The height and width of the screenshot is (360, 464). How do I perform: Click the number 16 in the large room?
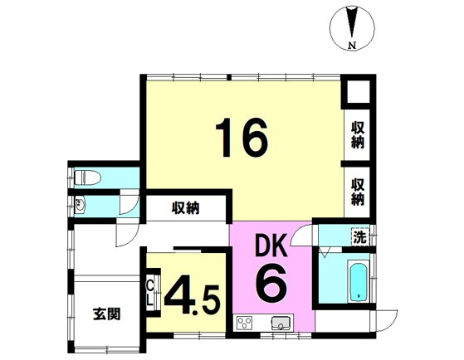[242, 137]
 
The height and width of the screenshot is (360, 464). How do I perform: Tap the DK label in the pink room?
[271, 245]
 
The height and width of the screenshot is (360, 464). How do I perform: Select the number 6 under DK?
[271, 285]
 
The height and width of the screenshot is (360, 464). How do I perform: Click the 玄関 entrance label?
[107, 314]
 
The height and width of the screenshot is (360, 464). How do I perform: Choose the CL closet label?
[150, 294]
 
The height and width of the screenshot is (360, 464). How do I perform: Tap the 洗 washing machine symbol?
[360, 237]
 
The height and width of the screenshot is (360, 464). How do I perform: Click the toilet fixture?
[88, 178]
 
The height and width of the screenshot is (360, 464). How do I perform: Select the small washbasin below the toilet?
[80, 205]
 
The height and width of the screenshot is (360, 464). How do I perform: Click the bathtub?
[358, 281]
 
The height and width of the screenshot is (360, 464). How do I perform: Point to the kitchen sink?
[281, 323]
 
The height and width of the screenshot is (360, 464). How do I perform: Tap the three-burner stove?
[244, 323]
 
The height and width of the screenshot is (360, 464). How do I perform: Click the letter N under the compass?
[352, 45]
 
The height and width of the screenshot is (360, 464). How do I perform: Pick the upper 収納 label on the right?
[358, 135]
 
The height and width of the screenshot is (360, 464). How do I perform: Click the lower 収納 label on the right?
[358, 192]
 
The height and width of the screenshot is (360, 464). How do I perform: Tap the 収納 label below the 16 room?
[186, 208]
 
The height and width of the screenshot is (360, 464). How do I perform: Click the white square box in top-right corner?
[359, 92]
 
